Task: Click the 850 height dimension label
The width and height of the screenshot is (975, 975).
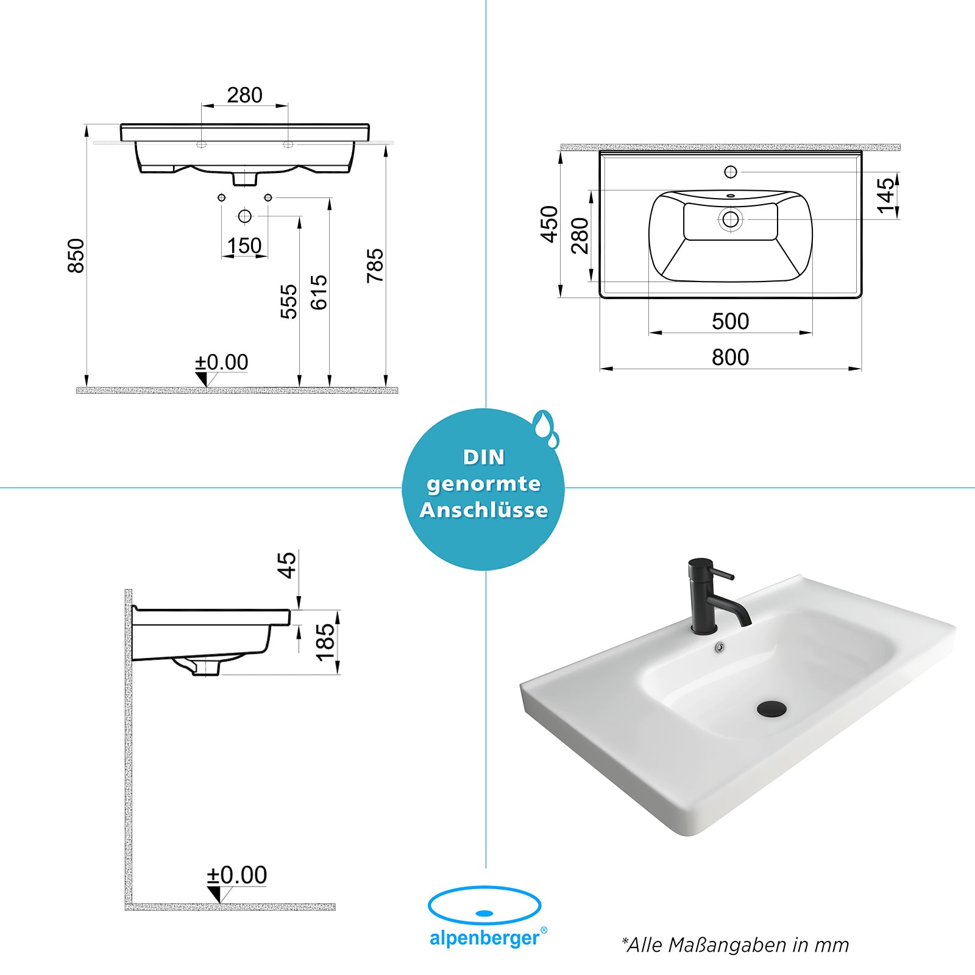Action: click(x=76, y=256)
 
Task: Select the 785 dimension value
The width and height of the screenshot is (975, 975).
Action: click(x=375, y=266)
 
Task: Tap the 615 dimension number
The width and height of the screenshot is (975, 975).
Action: click(x=319, y=292)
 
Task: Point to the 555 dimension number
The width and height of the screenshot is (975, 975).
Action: click(x=289, y=302)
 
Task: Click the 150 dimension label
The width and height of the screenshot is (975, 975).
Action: click(x=244, y=246)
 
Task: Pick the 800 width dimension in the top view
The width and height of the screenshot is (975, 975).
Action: click(x=730, y=357)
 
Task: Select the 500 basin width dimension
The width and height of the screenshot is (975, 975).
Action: click(x=730, y=321)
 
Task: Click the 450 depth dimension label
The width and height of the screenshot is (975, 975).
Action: click(x=549, y=224)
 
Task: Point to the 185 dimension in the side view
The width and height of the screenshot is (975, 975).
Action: click(x=325, y=642)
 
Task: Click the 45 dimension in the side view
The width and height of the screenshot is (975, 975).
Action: click(x=286, y=565)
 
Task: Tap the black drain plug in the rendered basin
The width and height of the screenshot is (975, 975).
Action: click(x=771, y=709)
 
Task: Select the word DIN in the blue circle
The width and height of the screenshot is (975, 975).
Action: click(x=484, y=457)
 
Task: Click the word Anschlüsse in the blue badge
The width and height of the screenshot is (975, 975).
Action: click(x=484, y=510)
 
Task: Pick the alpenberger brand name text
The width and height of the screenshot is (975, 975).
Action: click(x=484, y=938)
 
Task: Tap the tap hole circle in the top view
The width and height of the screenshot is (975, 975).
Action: click(x=731, y=172)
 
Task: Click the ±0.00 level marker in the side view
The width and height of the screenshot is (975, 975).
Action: click(x=236, y=875)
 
